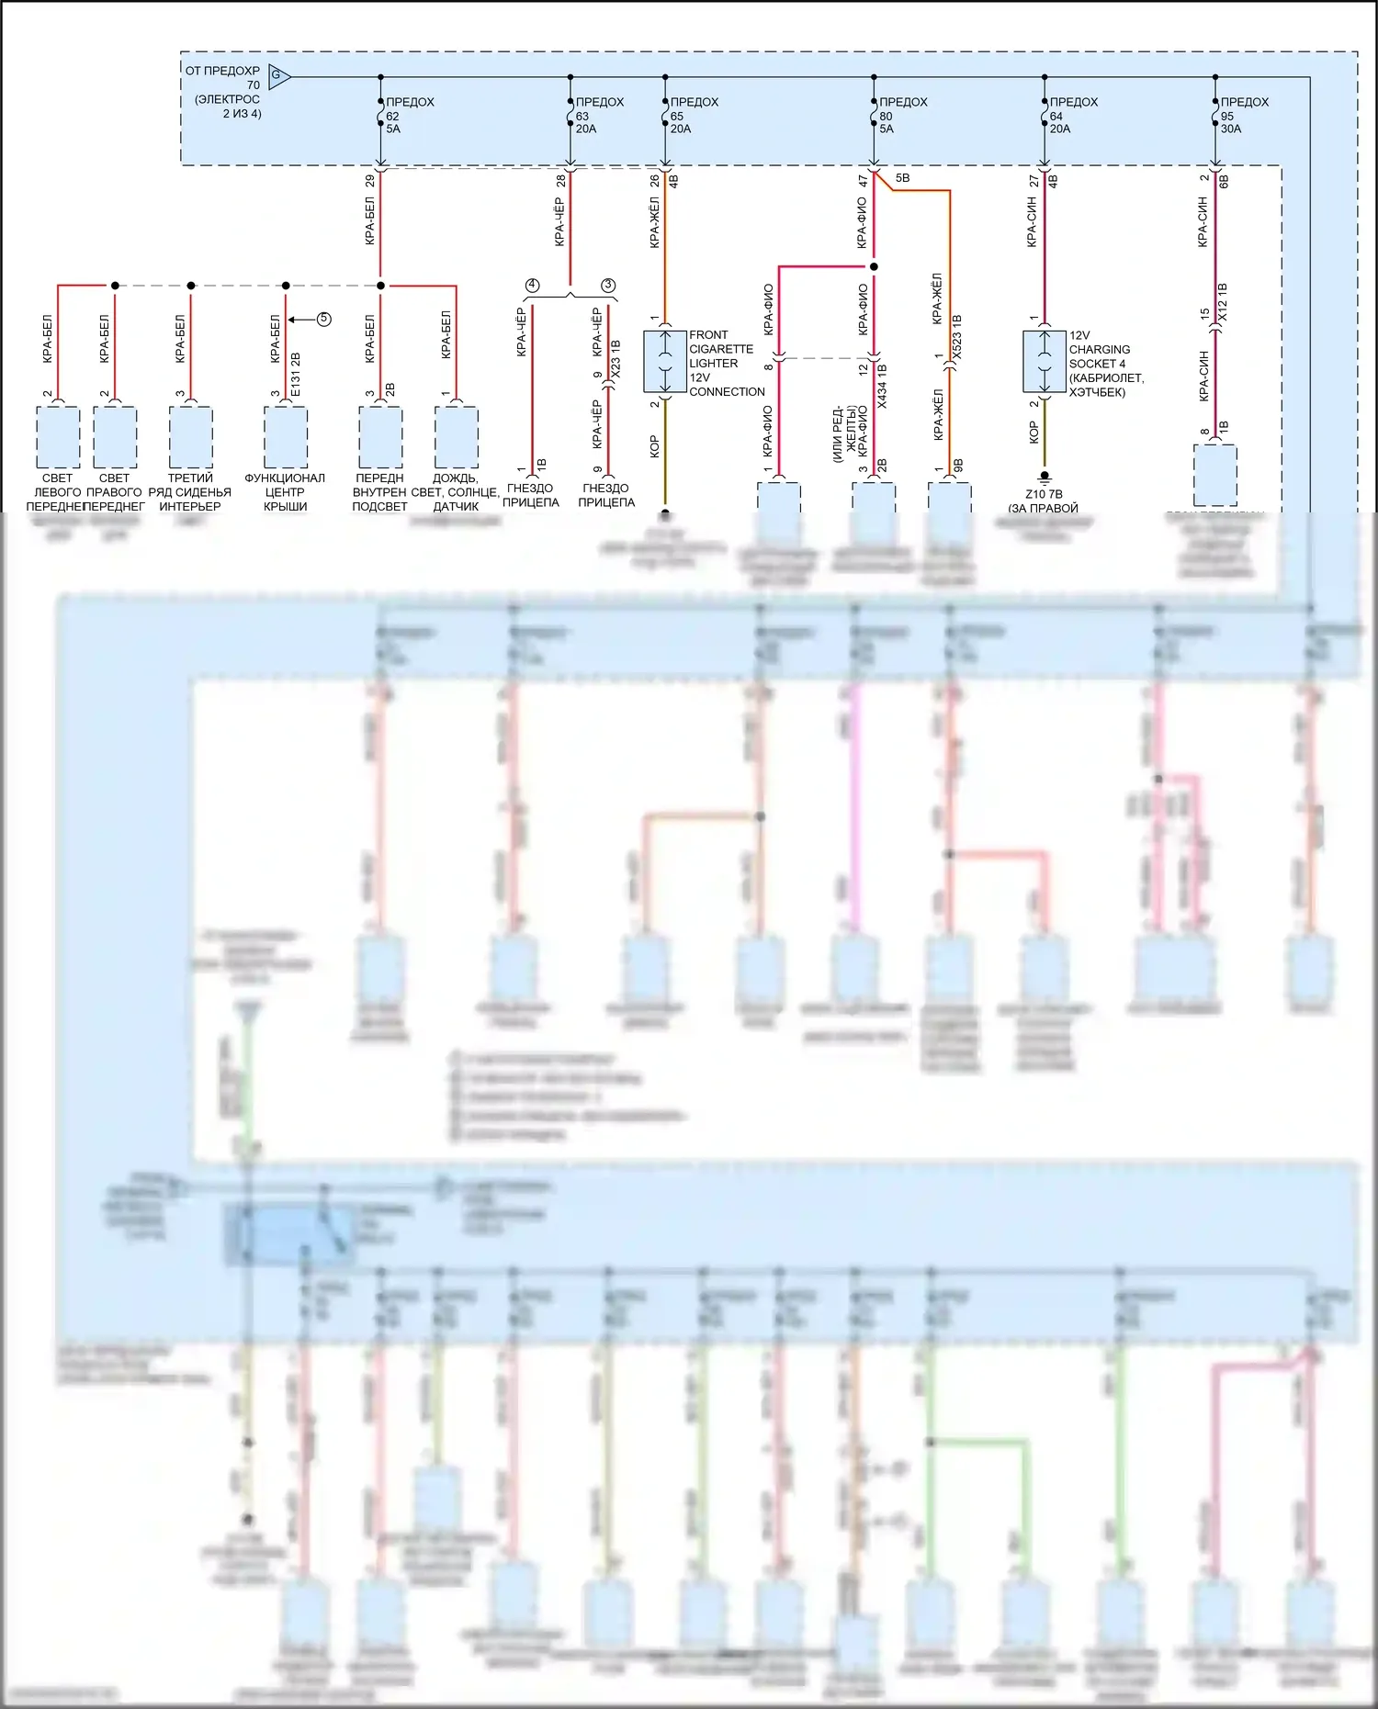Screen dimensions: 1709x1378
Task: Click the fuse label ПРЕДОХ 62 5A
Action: pyautogui.click(x=408, y=116)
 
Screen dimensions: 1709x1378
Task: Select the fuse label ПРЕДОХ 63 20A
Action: pyautogui.click(x=598, y=116)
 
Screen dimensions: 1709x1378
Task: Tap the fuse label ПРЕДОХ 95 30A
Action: pyautogui.click(x=1243, y=116)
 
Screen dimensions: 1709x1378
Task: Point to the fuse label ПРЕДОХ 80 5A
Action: pyautogui.click(x=902, y=116)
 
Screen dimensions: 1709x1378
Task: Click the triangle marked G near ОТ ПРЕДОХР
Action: pyautogui.click(x=278, y=76)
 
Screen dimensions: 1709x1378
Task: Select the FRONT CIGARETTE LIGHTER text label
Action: pyautogui.click(x=726, y=363)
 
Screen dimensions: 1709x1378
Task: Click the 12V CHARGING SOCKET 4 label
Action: pyautogui.click(x=1105, y=364)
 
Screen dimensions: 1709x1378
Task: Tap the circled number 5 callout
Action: pyautogui.click(x=323, y=320)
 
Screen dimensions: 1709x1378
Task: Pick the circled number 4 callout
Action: pyautogui.click(x=532, y=286)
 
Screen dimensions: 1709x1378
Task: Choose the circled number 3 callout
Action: pyautogui.click(x=608, y=286)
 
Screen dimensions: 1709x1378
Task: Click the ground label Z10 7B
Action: pyautogui.click(x=1044, y=494)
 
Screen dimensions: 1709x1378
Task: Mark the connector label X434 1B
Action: pyautogui.click(x=882, y=386)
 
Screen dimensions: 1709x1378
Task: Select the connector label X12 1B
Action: pyautogui.click(x=1222, y=302)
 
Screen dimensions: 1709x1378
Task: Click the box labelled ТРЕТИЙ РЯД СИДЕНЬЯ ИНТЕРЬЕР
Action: pyautogui.click(x=190, y=437)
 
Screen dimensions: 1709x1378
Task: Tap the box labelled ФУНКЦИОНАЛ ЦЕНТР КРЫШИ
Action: pyautogui.click(x=286, y=437)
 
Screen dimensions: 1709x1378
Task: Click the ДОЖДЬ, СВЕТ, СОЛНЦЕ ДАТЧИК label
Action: pyautogui.click(x=456, y=492)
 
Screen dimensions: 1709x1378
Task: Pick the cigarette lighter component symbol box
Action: pyautogui.click(x=665, y=362)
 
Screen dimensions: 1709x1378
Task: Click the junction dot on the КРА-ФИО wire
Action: pyautogui.click(x=874, y=267)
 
